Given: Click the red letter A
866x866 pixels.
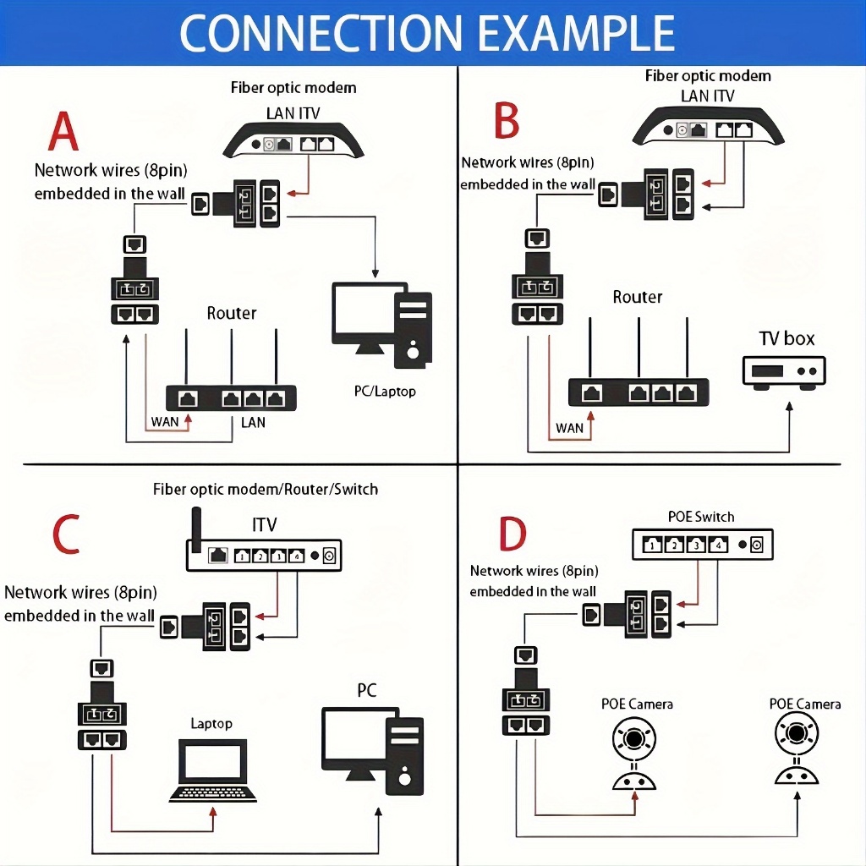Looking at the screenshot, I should pos(64,133).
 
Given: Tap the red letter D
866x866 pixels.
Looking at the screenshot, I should pos(512,534).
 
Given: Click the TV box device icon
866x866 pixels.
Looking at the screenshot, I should pos(783,371).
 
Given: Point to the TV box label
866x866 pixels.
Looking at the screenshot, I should pos(787,338).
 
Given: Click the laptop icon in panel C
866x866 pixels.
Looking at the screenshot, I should pos(213,770).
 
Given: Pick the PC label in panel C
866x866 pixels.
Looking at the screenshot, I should pos(366,690).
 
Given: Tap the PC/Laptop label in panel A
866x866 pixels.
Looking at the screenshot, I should pos(385,392).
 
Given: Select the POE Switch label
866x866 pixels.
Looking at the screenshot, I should pos(702,517).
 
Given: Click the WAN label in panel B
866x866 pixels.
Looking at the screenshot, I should pos(570,428).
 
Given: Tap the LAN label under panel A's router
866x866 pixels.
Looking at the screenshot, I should pos(253,422).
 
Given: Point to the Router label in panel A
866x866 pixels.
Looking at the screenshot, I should pos(232,313).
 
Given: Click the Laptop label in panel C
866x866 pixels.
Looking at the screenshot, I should pos(211,723).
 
